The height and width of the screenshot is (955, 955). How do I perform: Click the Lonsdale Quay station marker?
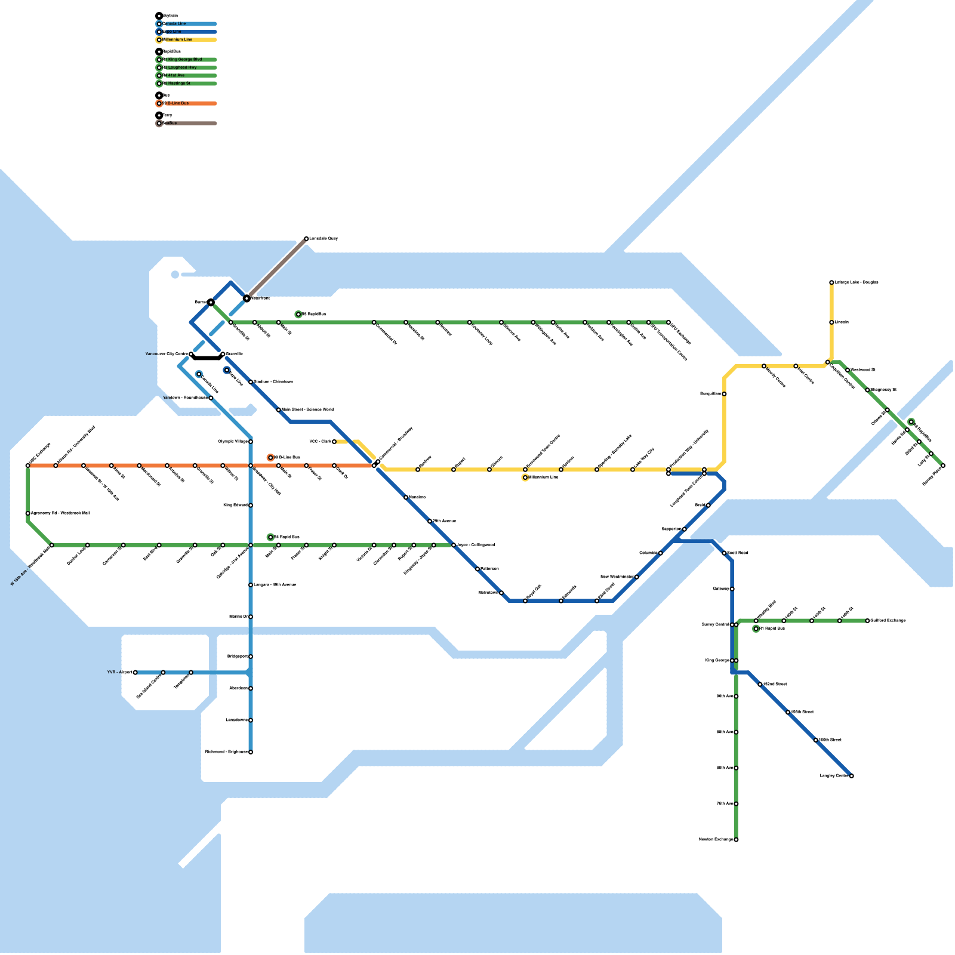[x=306, y=239]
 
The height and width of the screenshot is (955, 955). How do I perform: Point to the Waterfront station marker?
[x=247, y=298]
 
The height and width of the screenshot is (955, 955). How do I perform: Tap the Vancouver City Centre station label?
[x=167, y=354]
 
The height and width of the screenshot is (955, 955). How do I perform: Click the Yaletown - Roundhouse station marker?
[x=211, y=398]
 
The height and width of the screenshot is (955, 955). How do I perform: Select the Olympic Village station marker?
[x=251, y=442]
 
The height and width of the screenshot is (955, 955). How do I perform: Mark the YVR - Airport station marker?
[x=135, y=673]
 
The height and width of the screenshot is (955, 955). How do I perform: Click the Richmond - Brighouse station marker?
[x=251, y=752]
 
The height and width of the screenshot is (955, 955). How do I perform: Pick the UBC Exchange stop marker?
[x=28, y=466]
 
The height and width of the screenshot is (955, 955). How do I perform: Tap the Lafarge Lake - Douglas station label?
[x=857, y=282]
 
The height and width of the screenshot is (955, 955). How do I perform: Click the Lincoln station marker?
[x=831, y=322]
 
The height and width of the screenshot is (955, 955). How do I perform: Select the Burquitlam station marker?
[x=724, y=394]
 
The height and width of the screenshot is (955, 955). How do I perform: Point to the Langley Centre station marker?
[x=852, y=776]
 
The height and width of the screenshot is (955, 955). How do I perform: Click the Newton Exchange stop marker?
[x=736, y=840]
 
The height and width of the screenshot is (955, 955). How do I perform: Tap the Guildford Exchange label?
[x=888, y=621]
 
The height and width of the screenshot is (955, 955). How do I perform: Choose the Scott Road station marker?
[x=724, y=553]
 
